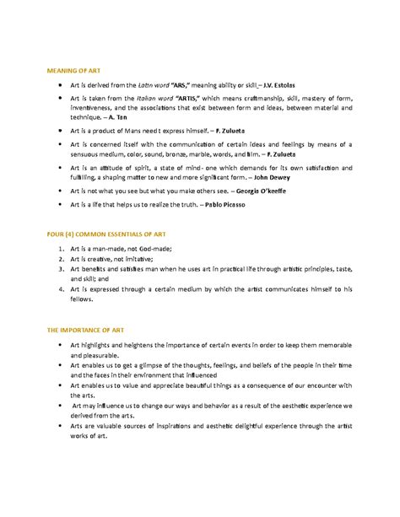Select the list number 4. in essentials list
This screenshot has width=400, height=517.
(62, 288)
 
